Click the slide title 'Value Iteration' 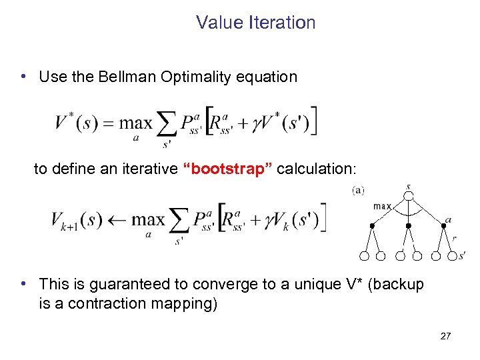click(255, 23)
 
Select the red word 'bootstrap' click(227, 169)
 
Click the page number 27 click(445, 336)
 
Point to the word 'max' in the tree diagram click(382, 207)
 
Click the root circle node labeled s click(409, 196)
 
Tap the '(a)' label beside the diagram click(358, 191)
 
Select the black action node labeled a click(444, 227)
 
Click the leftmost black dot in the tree click(373, 227)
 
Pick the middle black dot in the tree click(409, 227)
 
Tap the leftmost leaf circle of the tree click(364, 256)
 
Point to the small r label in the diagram click(454, 237)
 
